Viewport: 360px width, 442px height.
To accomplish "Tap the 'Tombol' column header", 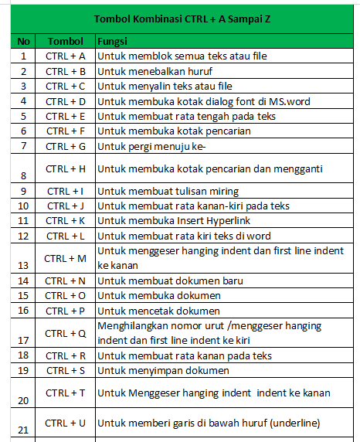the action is pyautogui.click(x=65, y=40).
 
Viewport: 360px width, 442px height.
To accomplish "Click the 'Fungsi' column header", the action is pyautogui.click(x=113, y=40).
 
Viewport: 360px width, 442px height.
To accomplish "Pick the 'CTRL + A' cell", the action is pyautogui.click(x=65, y=56).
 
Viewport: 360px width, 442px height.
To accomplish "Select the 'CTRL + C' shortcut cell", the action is pyautogui.click(x=65, y=86).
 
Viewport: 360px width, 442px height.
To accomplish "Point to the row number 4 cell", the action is pyautogui.click(x=23, y=100).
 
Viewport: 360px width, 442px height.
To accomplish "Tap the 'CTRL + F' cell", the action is pyautogui.click(x=65, y=131).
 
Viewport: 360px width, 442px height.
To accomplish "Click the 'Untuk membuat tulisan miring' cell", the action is pyautogui.click(x=168, y=191).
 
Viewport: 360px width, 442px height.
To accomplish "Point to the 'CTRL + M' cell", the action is pyautogui.click(x=65, y=258).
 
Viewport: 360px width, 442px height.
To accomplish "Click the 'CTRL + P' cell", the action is pyautogui.click(x=65, y=311).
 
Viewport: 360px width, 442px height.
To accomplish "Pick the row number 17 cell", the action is pyautogui.click(x=23, y=339).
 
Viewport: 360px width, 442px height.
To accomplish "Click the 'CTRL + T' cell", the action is pyautogui.click(x=65, y=393).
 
